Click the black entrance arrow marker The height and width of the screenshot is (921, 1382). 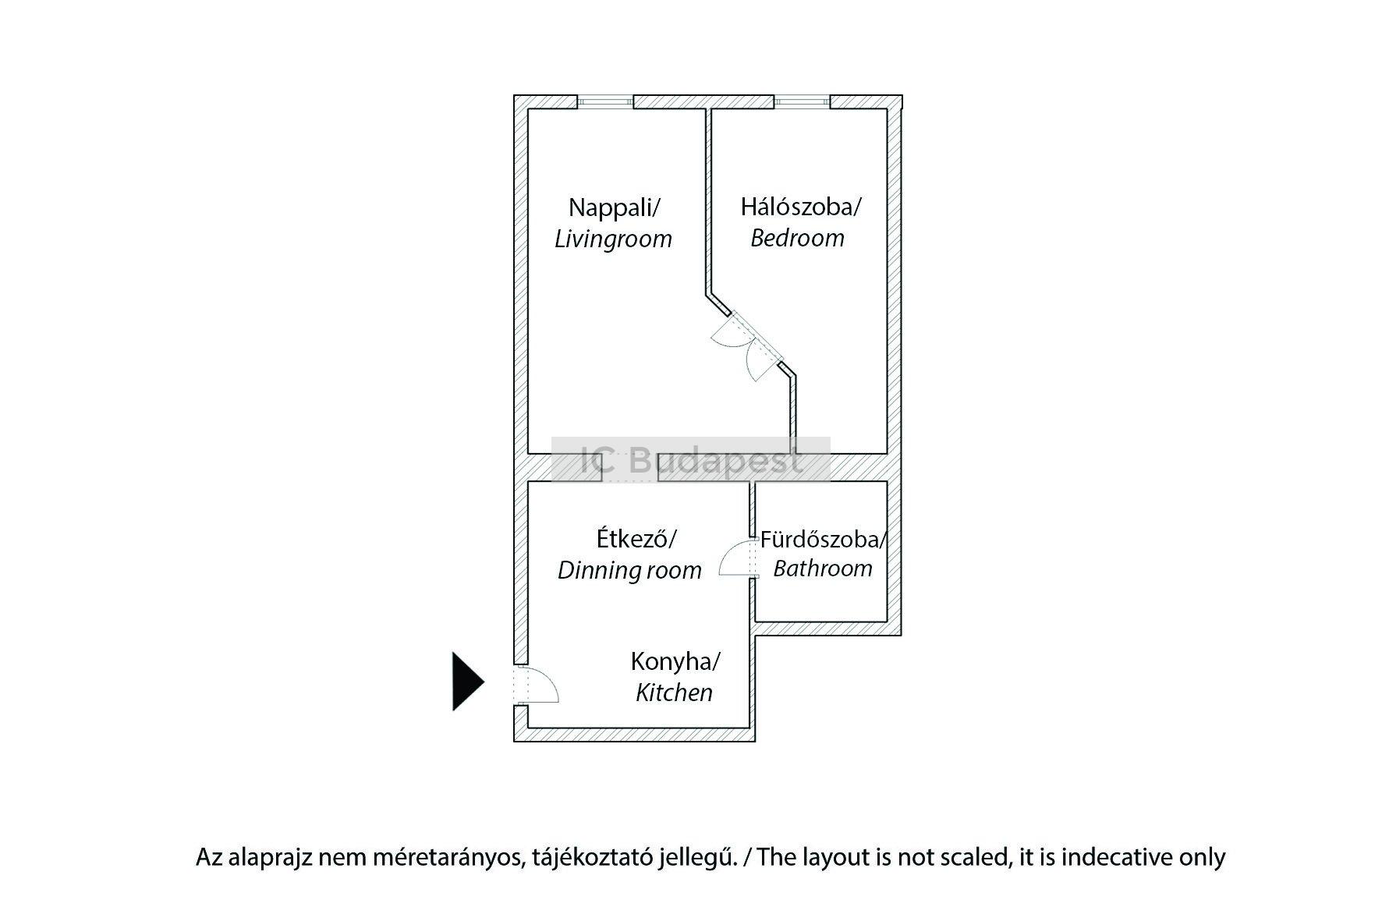[466, 682]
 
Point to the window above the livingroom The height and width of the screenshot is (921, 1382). [604, 101]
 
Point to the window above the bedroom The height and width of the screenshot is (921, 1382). [801, 101]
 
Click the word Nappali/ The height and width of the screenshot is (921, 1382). [615, 207]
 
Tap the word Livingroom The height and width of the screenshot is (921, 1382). [613, 239]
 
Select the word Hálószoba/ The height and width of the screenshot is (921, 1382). [800, 207]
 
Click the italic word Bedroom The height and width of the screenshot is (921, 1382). [797, 238]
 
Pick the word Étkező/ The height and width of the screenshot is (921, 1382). [636, 538]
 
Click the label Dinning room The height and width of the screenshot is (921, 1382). [629, 570]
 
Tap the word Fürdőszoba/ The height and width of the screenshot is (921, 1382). [824, 539]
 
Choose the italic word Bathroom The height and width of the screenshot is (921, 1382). [823, 569]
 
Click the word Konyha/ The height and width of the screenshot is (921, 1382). [675, 662]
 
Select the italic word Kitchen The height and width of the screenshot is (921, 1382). [674, 693]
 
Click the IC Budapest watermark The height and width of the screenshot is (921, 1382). [691, 460]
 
